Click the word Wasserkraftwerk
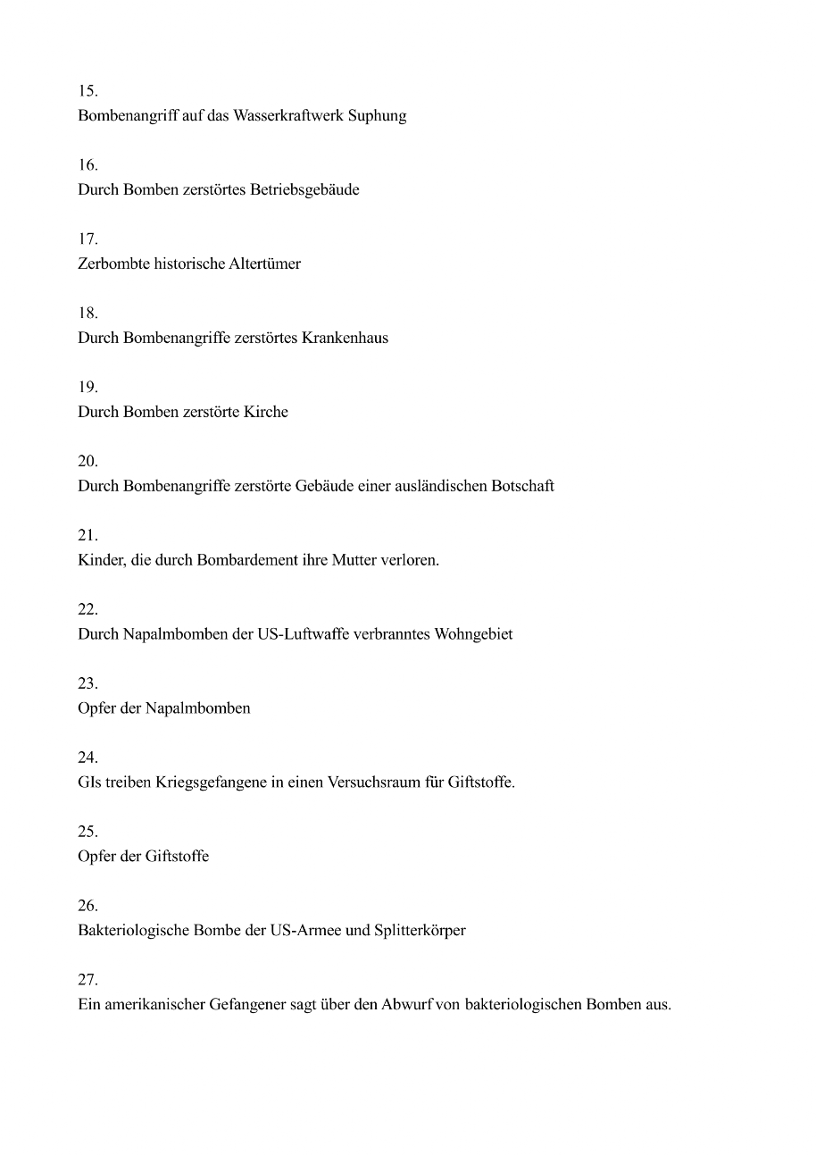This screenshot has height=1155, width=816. click(287, 116)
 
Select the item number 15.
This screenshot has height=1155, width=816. click(87, 91)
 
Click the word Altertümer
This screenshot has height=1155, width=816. click(265, 264)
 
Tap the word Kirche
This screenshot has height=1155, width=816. click(266, 413)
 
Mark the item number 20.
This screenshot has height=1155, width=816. click(87, 462)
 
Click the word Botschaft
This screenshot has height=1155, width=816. click(522, 487)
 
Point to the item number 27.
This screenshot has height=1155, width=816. click(87, 980)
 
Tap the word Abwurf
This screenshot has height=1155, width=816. click(407, 1005)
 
